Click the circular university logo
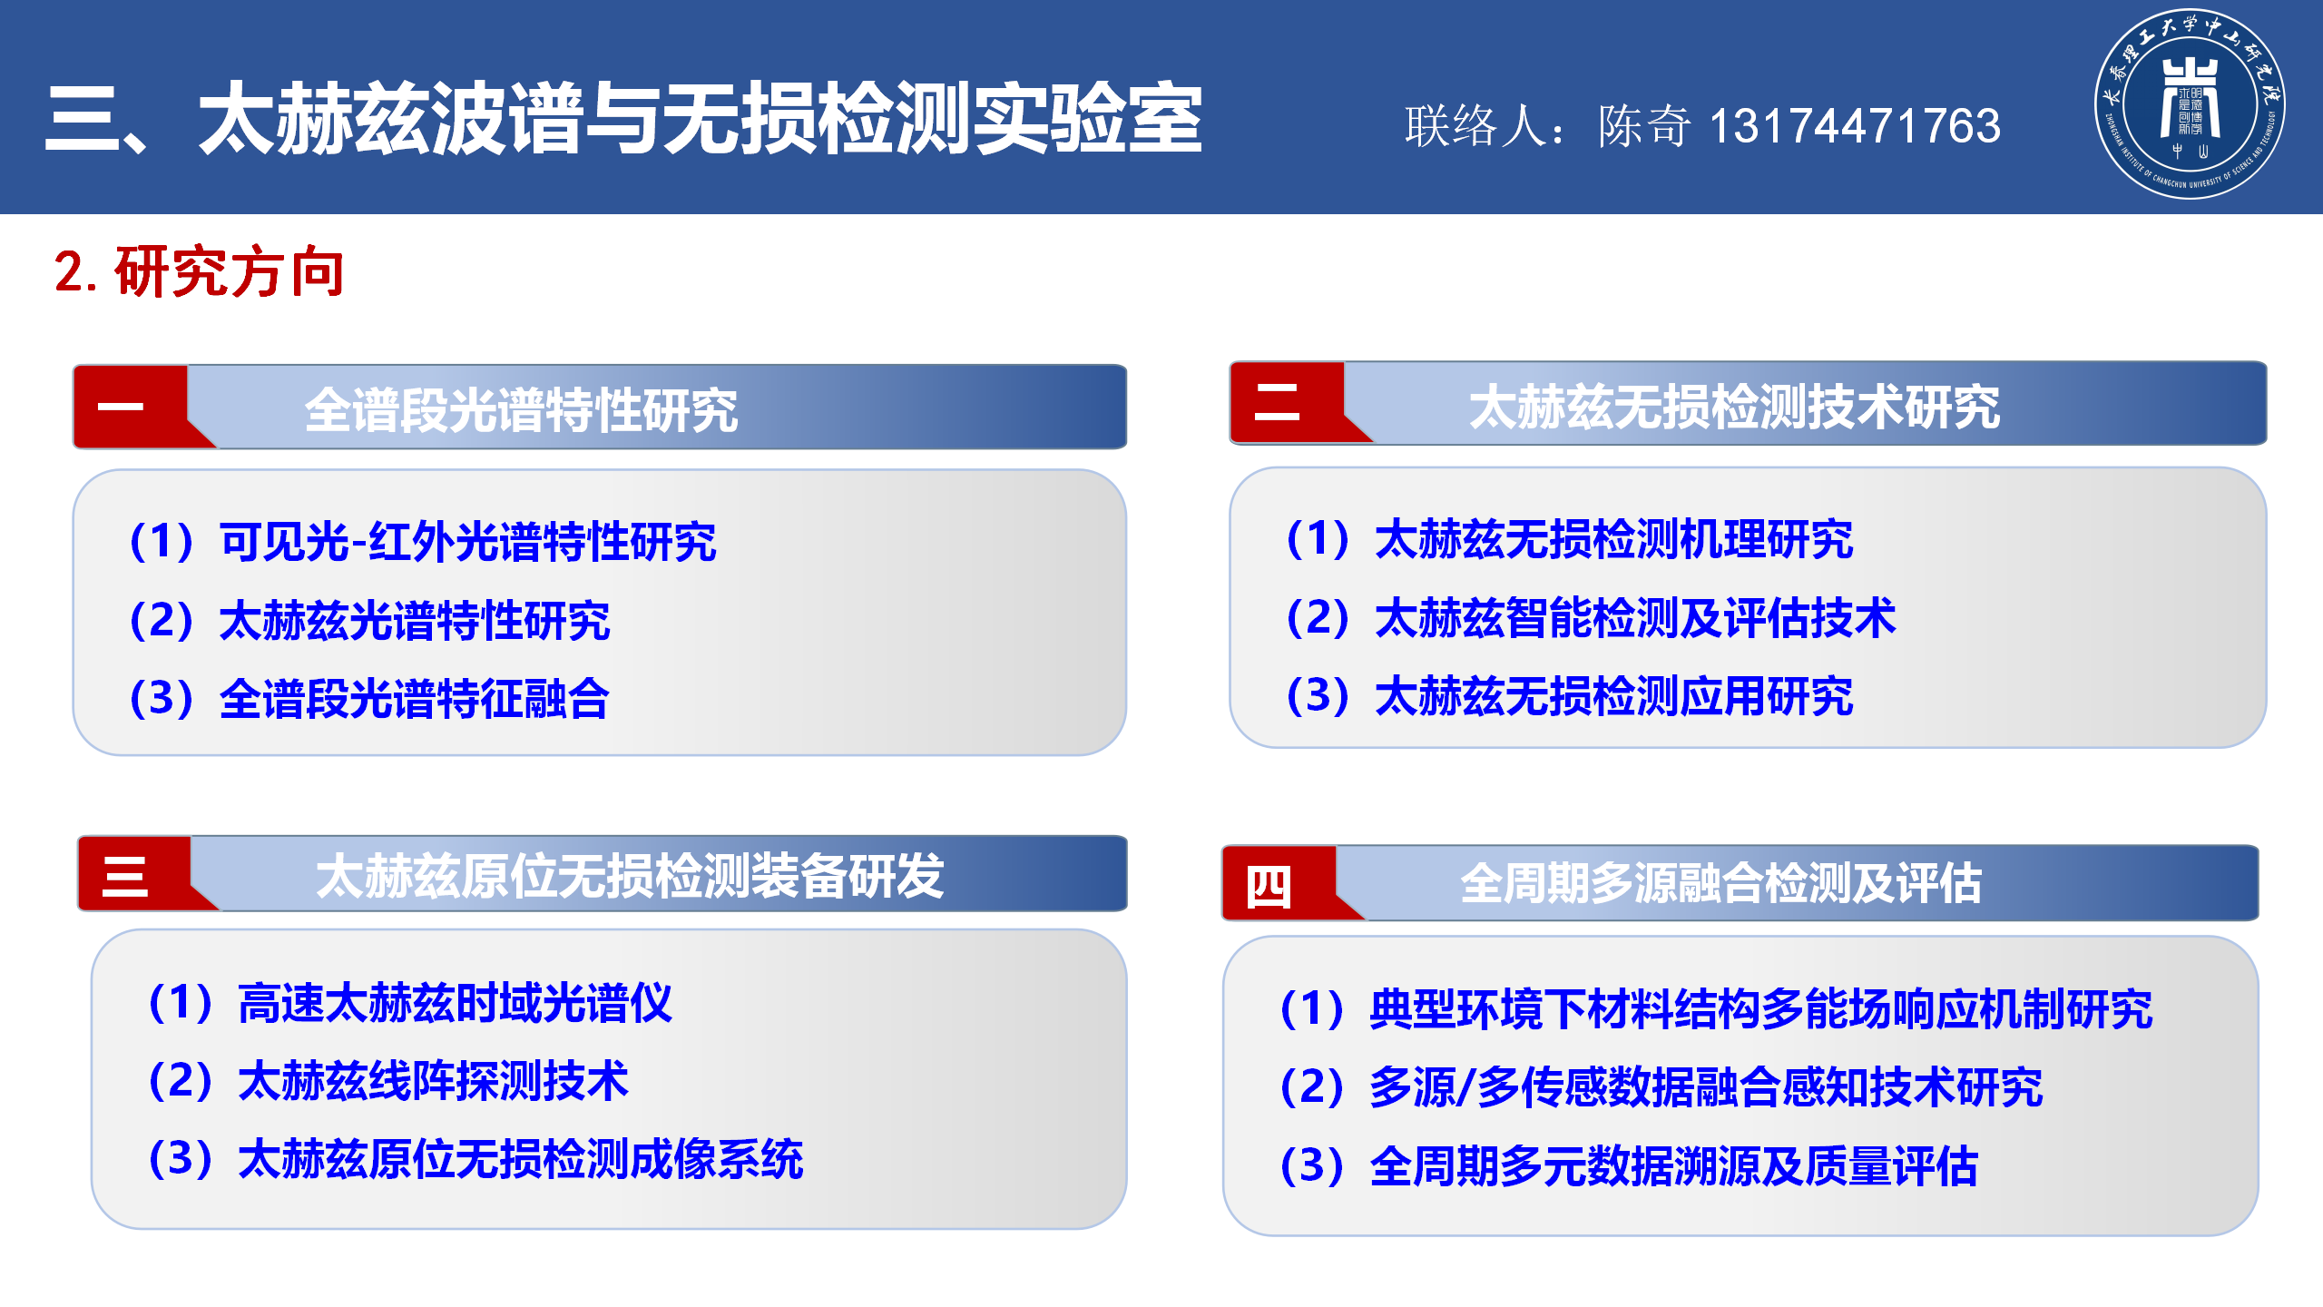2190,103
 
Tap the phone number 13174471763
1855,125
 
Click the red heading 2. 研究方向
200,271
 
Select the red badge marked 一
132,407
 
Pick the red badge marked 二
1289,402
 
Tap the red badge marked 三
136,875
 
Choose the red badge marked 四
1279,883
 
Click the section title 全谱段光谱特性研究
521,409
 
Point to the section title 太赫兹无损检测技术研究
1734,406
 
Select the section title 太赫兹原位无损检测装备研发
630,876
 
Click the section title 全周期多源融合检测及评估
1720,883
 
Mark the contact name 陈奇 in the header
1644,125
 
